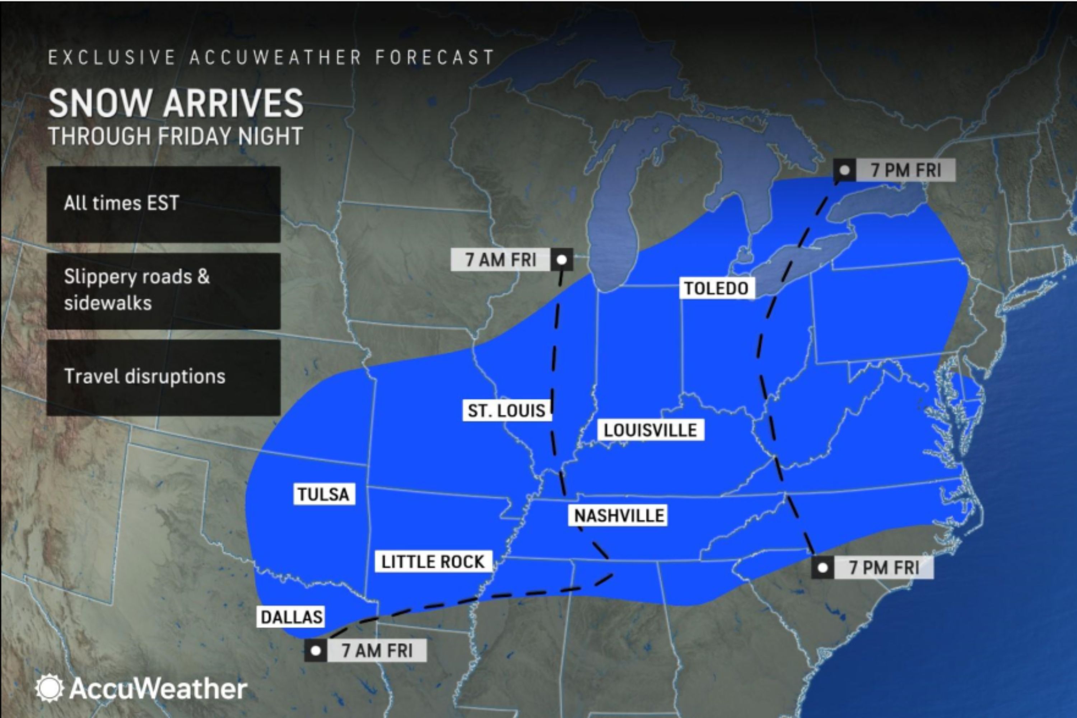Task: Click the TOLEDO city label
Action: click(x=716, y=288)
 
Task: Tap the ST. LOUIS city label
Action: click(x=507, y=410)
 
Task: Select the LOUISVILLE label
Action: click(x=650, y=430)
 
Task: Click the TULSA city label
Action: click(x=324, y=494)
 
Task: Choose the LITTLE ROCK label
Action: click(x=433, y=562)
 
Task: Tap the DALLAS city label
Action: click(x=291, y=617)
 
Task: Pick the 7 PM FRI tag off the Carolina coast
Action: click(x=884, y=568)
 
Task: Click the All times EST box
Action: click(x=163, y=204)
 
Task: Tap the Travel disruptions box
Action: click(x=163, y=377)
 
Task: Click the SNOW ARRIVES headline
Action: click(x=176, y=103)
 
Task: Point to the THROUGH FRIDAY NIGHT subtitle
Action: click(x=176, y=136)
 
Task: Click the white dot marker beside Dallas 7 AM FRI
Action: click(x=316, y=651)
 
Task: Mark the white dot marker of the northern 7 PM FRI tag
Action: click(x=845, y=170)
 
